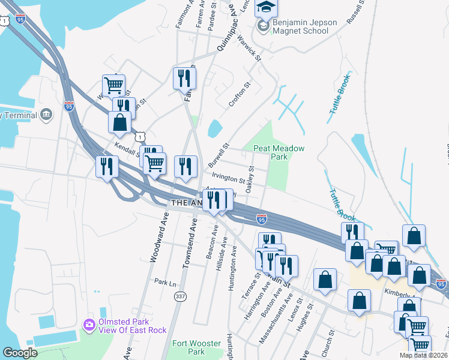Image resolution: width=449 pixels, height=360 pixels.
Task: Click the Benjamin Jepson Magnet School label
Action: pyautogui.click(x=305, y=27)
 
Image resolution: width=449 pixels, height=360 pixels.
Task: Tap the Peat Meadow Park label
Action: pyautogui.click(x=279, y=152)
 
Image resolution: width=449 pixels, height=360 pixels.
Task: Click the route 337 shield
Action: pyautogui.click(x=179, y=296)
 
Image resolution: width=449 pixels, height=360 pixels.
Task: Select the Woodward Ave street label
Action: pyautogui.click(x=158, y=237)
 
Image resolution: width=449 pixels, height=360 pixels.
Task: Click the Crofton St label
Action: pyautogui.click(x=238, y=96)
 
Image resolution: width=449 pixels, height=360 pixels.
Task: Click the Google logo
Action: pyautogui.click(x=20, y=353)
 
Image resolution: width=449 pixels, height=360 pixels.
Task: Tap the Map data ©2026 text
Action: pyautogui.click(x=423, y=355)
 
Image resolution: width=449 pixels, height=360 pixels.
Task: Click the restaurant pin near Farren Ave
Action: pyautogui.click(x=184, y=78)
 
